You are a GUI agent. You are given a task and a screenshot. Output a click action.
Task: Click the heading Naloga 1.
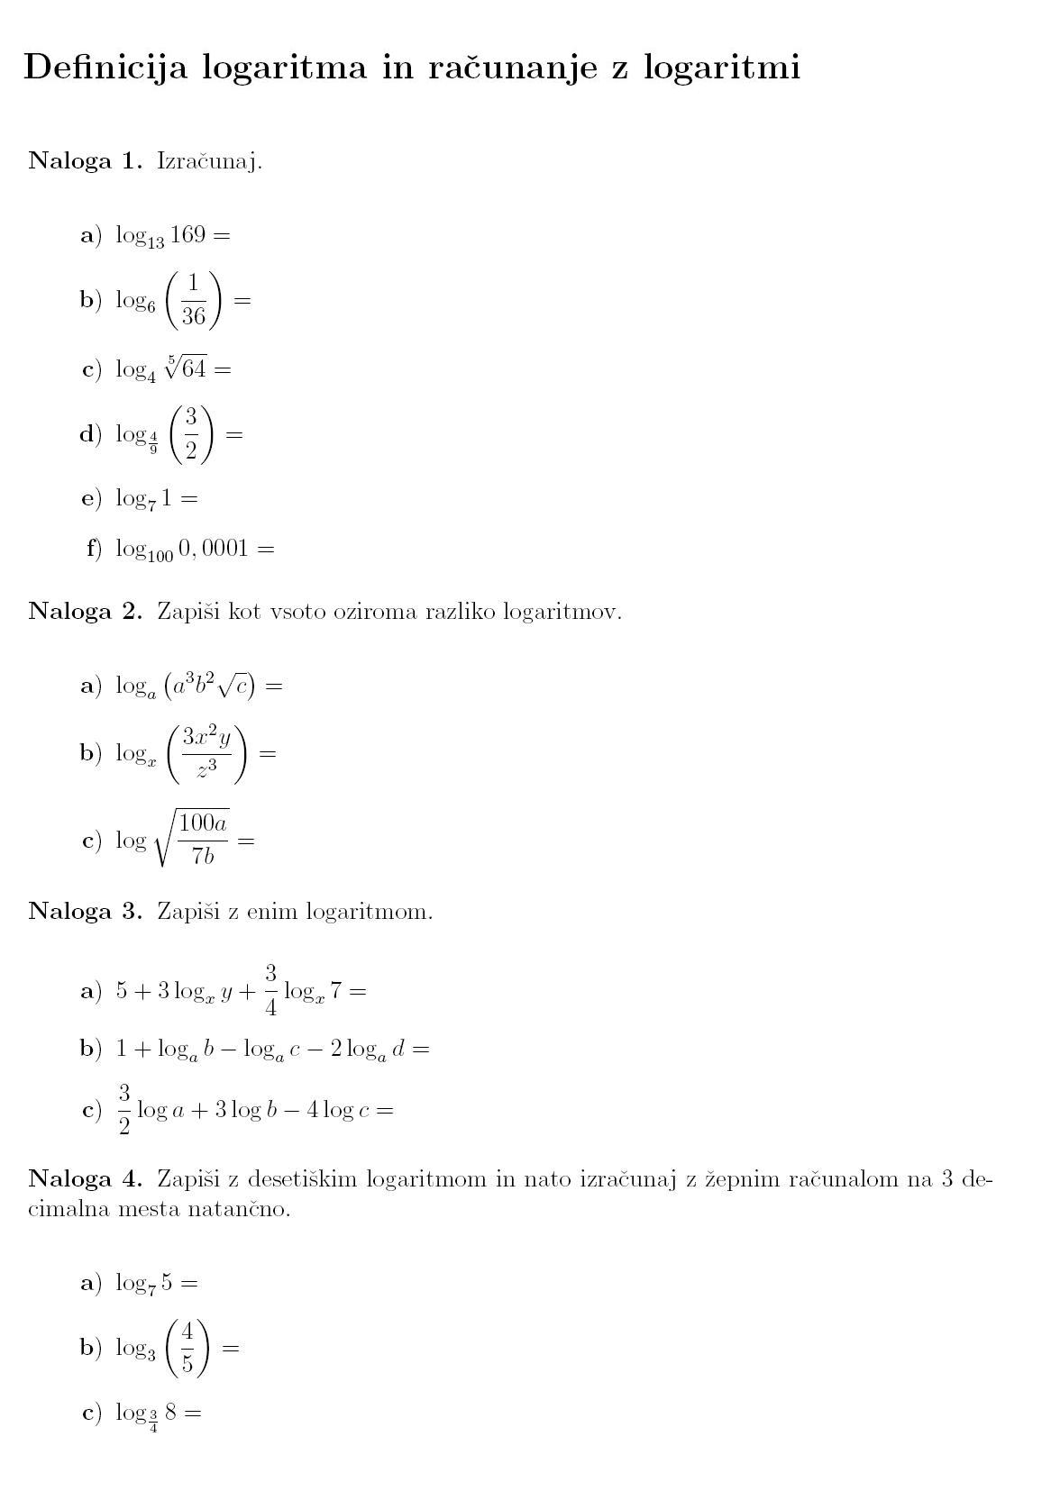pos(86,161)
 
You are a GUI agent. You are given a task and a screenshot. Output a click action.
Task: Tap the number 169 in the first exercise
pos(187,235)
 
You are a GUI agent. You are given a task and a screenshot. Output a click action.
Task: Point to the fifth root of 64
pos(186,368)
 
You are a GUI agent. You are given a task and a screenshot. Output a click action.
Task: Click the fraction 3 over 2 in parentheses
pos(191,433)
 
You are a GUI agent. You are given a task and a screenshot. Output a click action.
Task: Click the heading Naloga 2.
pos(86,611)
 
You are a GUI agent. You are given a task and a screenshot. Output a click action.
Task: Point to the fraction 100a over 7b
pos(203,839)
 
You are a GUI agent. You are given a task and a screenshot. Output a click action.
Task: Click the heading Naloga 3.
pos(86,911)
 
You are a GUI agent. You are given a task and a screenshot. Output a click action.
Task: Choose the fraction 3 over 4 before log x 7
pos(270,990)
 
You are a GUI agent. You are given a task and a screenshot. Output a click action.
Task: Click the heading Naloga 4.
pos(86,1178)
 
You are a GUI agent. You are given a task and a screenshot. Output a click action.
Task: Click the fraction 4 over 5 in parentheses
pos(187,1347)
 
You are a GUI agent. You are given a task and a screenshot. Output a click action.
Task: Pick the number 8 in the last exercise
pos(170,1412)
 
